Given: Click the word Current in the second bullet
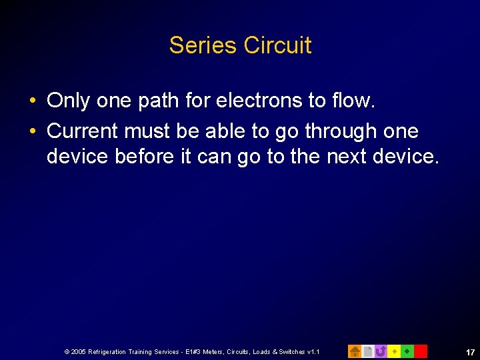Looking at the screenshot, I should point(83,131).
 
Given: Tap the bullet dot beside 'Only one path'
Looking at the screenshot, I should point(33,101).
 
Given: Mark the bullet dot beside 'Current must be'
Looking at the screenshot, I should point(33,132).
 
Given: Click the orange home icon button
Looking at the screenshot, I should point(355,351).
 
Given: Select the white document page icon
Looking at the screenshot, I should point(368,351).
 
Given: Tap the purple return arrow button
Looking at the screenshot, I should point(381,351).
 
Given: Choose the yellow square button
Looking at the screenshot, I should point(394,351).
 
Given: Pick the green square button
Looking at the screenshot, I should point(407,351).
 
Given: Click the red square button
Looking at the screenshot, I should point(421,351).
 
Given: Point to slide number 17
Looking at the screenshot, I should point(470,351).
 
